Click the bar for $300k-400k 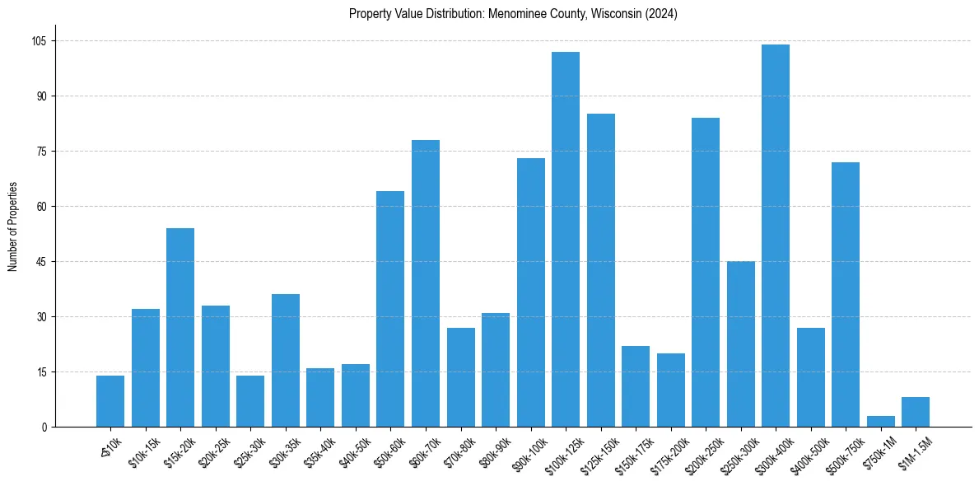tap(776, 236)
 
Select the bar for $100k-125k tap(566, 239)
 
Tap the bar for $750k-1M tap(880, 421)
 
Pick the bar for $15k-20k tap(180, 327)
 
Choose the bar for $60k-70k tap(426, 283)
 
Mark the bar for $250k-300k tap(741, 343)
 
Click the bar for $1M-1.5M tap(916, 412)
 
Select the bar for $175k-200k tap(671, 390)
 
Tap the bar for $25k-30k tap(250, 401)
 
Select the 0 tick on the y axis tap(46, 427)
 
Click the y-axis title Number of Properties tap(12, 227)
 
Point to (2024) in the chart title tap(661, 14)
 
